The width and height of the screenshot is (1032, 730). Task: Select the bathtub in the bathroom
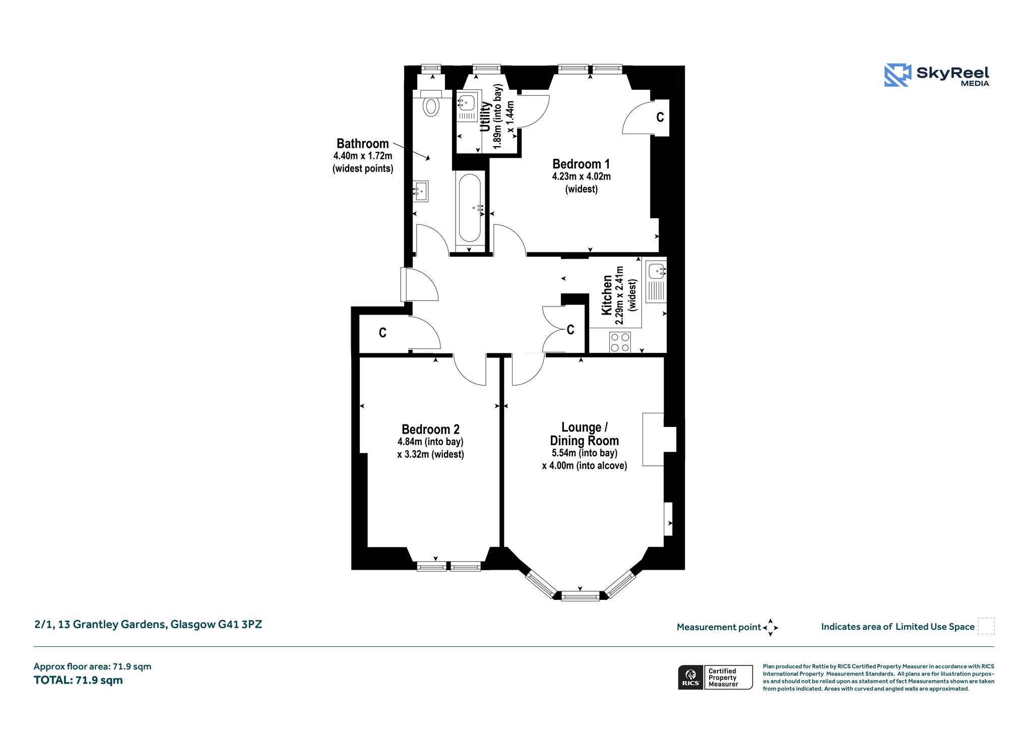(x=470, y=208)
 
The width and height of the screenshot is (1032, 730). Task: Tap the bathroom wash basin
(x=421, y=192)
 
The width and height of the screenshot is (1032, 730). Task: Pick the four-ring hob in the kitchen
(x=620, y=342)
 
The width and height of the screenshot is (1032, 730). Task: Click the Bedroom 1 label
(x=581, y=164)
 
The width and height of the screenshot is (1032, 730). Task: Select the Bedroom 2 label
(x=430, y=429)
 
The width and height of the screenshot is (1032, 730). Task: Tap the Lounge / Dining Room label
(x=585, y=434)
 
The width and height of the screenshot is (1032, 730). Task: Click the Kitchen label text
(x=607, y=295)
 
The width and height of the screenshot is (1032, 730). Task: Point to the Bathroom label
(x=363, y=144)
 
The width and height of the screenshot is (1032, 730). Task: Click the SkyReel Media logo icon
(x=897, y=75)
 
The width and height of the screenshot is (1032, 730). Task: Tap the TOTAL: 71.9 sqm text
(x=78, y=680)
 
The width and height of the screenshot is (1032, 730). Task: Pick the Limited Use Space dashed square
(x=986, y=626)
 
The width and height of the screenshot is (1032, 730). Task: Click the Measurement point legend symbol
(x=770, y=628)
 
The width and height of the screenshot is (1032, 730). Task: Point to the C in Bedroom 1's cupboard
(x=660, y=117)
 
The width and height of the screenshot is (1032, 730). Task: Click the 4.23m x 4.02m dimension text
(x=582, y=176)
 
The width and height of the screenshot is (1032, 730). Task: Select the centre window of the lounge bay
(x=580, y=596)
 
